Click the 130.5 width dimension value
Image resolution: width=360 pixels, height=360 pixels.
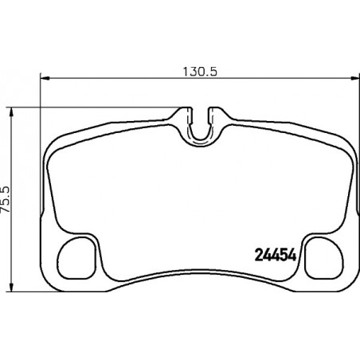[200, 72]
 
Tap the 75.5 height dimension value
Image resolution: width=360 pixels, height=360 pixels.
[6, 199]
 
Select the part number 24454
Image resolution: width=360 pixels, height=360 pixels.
[276, 256]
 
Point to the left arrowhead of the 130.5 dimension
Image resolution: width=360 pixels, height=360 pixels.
[45, 78]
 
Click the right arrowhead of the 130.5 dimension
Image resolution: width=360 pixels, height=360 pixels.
[355, 78]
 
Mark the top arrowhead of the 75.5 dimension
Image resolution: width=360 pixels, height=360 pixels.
[11, 112]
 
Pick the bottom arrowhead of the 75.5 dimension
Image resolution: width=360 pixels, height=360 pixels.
[11, 287]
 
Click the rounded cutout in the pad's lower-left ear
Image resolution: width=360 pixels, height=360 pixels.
[76, 258]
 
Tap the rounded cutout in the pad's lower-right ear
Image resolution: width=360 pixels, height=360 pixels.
[324, 258]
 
